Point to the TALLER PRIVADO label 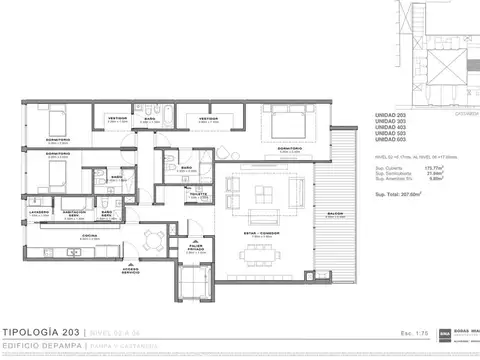click(196, 246)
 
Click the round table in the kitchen click(152, 237)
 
